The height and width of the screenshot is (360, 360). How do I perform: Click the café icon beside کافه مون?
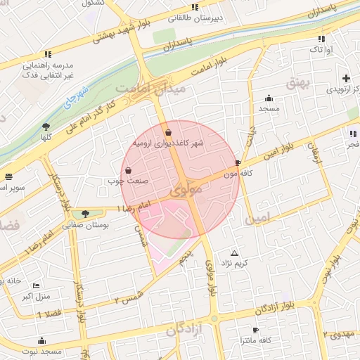(238, 162)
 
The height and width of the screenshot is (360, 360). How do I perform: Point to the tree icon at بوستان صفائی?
(85, 214)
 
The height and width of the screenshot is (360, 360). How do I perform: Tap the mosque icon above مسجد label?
(269, 98)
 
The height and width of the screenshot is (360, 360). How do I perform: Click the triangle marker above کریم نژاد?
(234, 253)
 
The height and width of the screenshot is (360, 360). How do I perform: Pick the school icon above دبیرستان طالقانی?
(188, 6)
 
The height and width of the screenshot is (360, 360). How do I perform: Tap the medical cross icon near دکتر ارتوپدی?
(345, 78)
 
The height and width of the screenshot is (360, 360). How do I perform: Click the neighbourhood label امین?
(257, 219)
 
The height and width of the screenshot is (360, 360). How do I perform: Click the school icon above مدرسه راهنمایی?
(48, 53)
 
